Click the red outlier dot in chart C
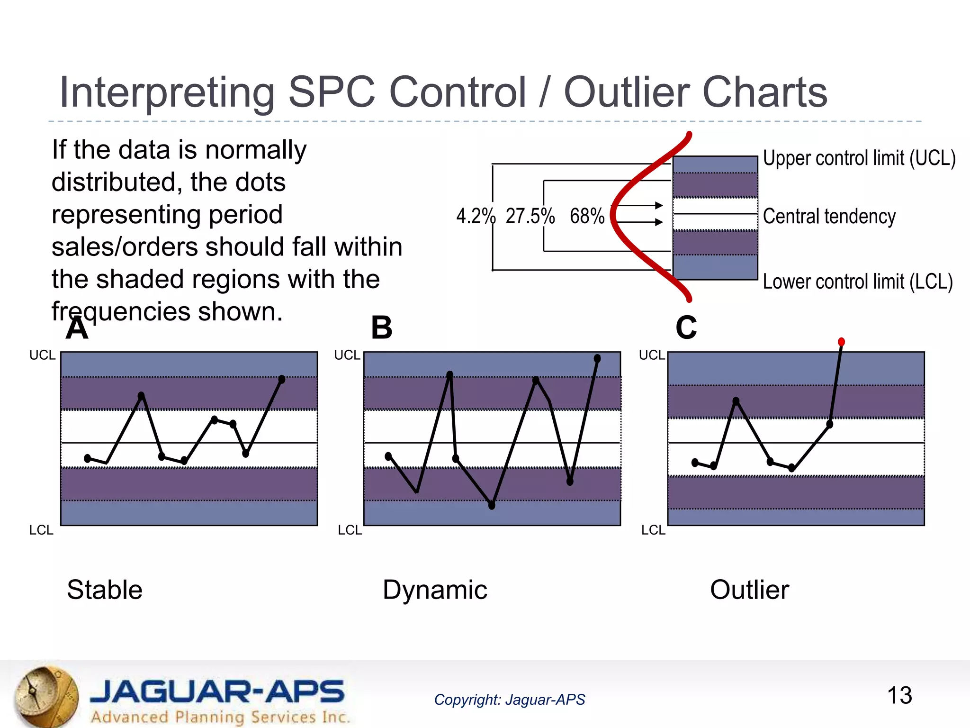coord(841,342)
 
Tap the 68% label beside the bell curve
coord(587,216)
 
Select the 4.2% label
coord(476,216)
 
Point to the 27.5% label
coord(530,216)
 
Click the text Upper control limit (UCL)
coord(859,158)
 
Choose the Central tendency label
coord(829,217)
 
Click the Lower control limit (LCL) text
coord(857,282)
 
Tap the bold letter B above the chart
coord(382,328)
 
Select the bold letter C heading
coord(686,328)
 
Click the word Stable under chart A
coord(105,590)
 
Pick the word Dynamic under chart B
coord(435,590)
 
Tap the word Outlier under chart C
coord(749,590)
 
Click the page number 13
coord(899,695)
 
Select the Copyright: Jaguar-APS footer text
coord(509,700)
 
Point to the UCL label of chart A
coord(42,355)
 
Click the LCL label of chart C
coord(653,530)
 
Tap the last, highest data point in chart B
coord(597,359)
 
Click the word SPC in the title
coord(332,92)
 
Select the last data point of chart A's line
coord(282,379)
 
